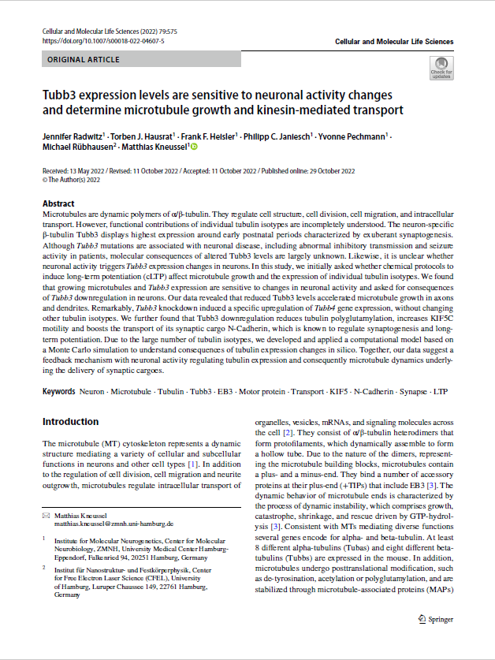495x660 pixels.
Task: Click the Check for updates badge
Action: [441, 68]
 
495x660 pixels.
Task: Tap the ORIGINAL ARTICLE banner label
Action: [84, 59]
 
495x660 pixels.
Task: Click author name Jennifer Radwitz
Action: [73, 136]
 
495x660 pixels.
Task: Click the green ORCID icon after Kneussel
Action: [193, 147]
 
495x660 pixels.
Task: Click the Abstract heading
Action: [58, 203]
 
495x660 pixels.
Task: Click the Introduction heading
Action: [70, 422]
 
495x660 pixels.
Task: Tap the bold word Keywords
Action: [59, 391]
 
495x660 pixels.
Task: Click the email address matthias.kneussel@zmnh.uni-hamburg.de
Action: [114, 523]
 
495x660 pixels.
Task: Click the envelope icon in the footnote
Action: [45, 515]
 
